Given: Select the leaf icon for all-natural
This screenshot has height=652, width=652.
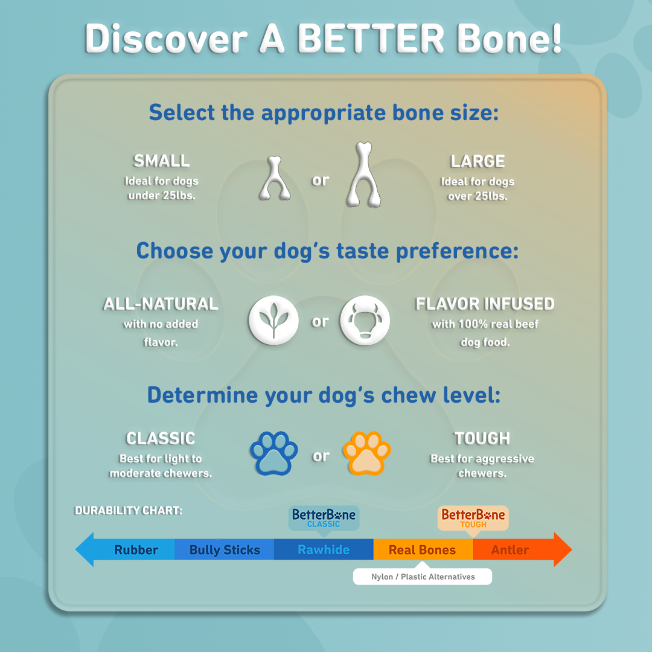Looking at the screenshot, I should coord(273,321).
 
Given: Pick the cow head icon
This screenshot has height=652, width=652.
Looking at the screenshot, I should coord(365,321).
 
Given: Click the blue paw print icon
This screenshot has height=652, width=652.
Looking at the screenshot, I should coord(274,453).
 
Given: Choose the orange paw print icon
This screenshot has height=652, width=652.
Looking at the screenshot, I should coord(366,453).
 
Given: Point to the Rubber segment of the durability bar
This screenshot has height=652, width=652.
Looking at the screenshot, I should coord(136,550).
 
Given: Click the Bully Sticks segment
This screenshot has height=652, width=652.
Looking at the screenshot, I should coord(225,550).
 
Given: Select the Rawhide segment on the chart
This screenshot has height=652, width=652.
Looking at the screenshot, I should coord(324,550).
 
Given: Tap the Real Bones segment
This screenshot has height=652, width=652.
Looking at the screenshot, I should coord(422,550).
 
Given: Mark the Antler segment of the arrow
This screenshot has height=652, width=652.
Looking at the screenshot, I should coord(510,550).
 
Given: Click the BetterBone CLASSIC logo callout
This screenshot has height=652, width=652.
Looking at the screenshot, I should coord(324,518).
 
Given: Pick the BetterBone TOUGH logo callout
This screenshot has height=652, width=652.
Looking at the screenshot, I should coord(473,518).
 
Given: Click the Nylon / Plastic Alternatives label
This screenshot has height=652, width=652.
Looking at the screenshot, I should coord(423,577).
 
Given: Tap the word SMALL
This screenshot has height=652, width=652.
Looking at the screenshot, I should coord(162,161).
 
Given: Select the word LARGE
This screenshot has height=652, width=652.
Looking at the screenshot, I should coord(478,161).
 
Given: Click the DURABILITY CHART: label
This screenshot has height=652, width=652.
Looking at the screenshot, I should coord(128,511).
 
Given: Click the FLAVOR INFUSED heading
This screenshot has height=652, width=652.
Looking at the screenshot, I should coord(485,304).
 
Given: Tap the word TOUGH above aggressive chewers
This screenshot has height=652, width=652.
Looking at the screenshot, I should coord(482,438).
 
